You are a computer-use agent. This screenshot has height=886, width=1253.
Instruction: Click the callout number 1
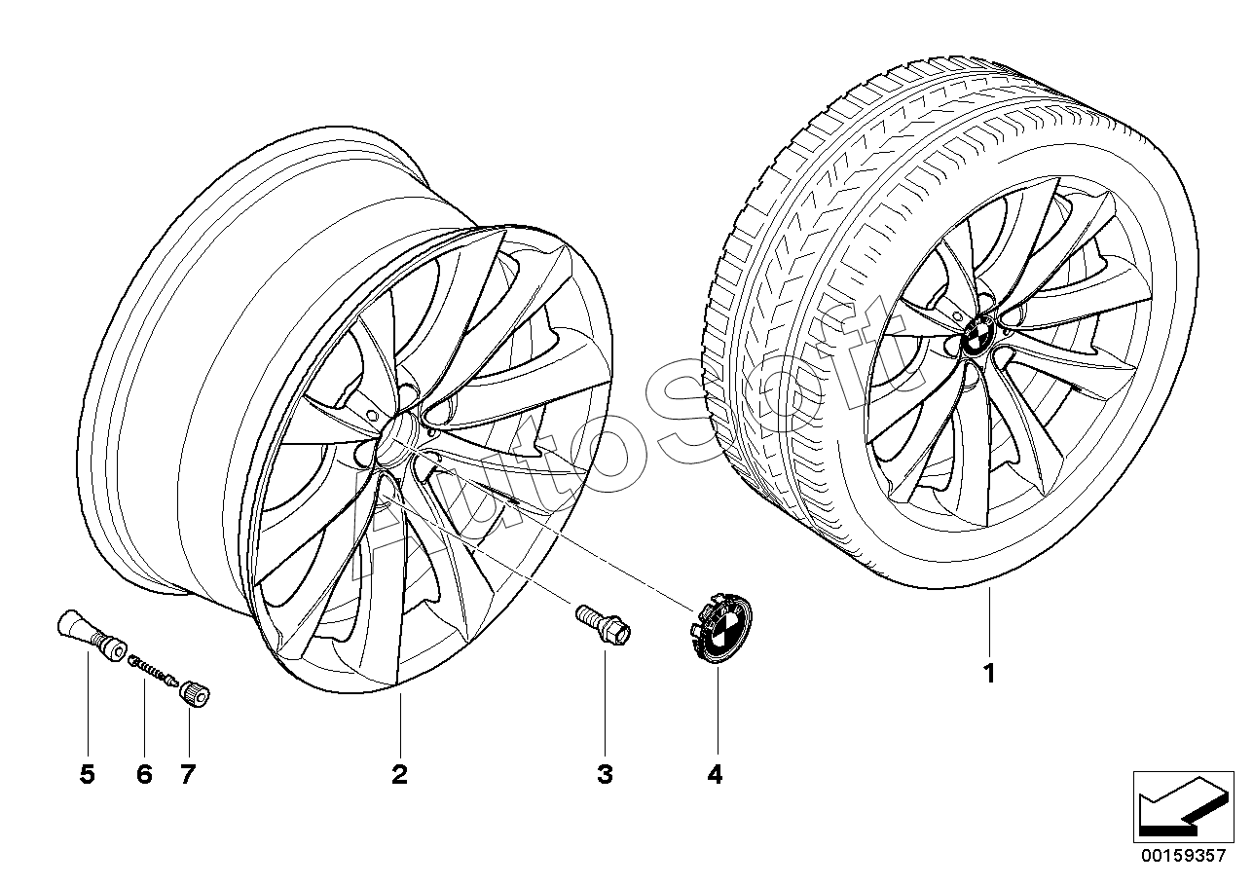click(x=989, y=673)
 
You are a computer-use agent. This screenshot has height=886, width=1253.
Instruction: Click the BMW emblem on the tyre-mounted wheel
click(x=977, y=341)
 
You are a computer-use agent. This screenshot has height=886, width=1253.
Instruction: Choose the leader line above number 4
click(x=716, y=711)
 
